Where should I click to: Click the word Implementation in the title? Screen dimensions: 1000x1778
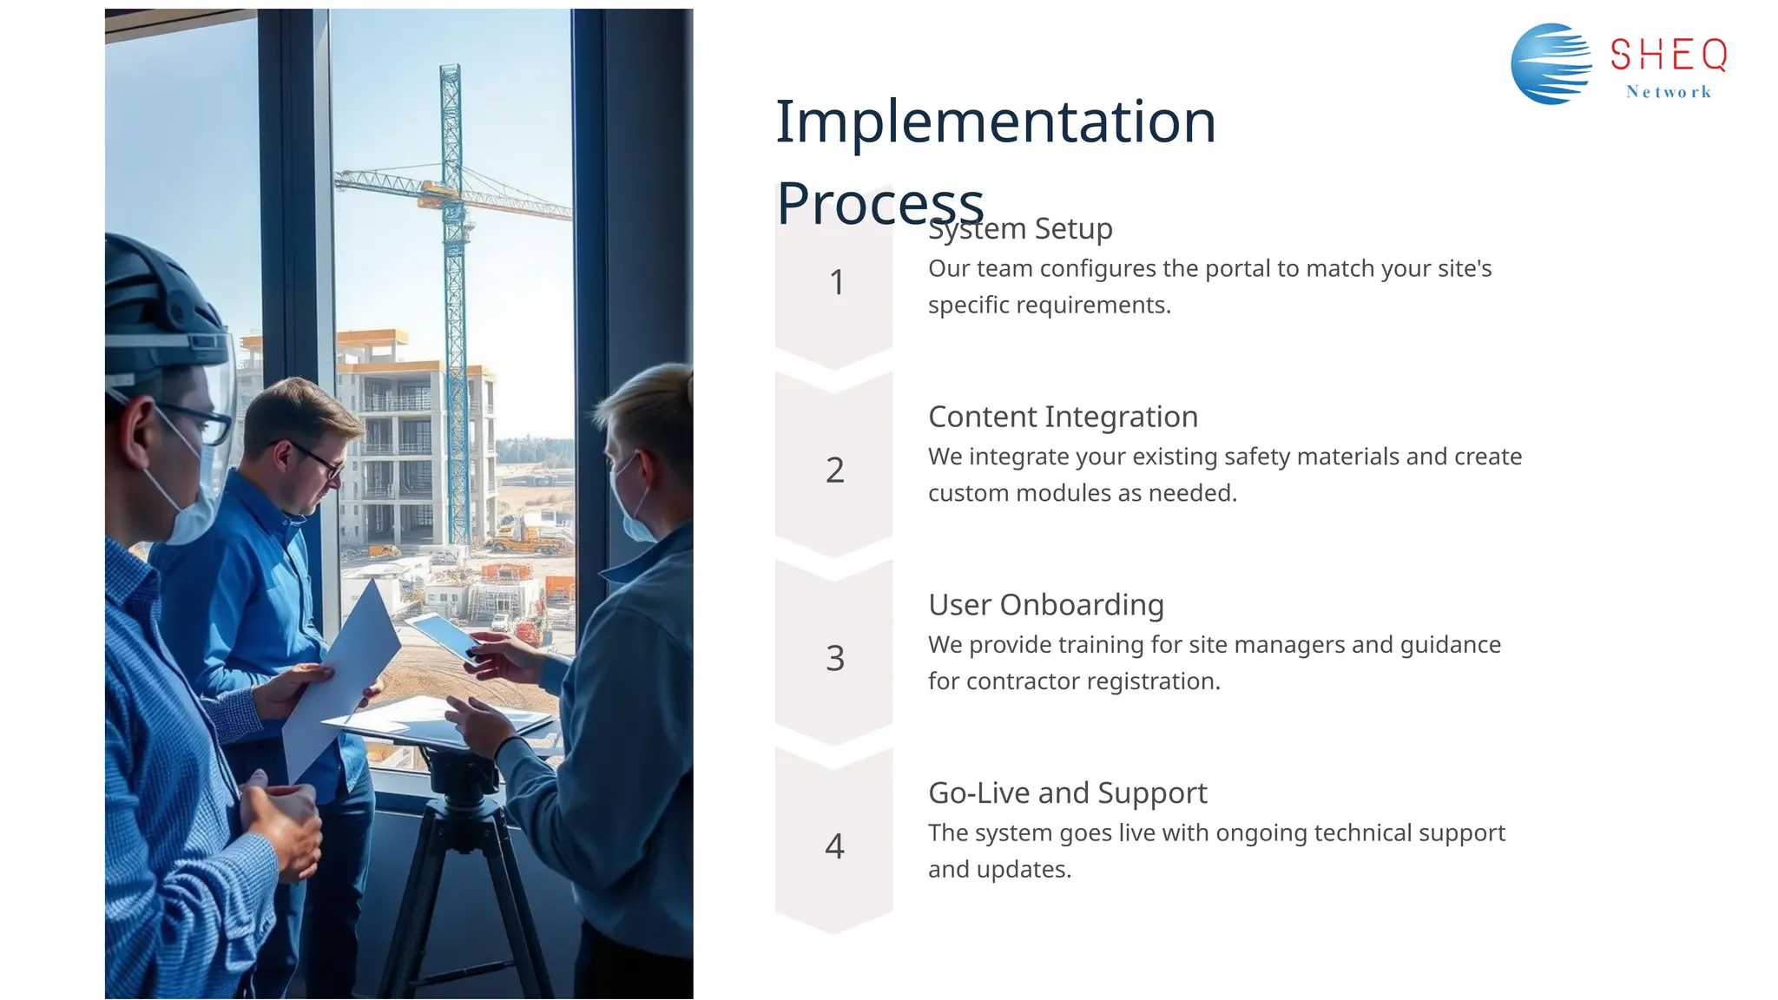995,122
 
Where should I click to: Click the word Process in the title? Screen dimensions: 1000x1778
879,204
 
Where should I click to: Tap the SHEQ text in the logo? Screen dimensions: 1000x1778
1668,56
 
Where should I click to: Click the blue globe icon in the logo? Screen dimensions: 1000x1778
1551,64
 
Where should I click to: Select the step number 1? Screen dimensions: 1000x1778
836,282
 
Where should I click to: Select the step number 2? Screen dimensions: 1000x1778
834,470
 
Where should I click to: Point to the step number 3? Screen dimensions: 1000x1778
834,658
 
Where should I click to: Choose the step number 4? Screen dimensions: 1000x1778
834,845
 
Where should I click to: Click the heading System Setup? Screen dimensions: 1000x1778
1020,229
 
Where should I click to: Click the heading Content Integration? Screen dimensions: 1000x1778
1063,417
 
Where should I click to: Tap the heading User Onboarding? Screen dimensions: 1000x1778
1045,605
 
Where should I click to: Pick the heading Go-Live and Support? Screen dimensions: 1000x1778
1067,793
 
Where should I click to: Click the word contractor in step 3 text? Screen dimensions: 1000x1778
1022,681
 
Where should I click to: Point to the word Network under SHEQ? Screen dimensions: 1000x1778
1668,92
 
